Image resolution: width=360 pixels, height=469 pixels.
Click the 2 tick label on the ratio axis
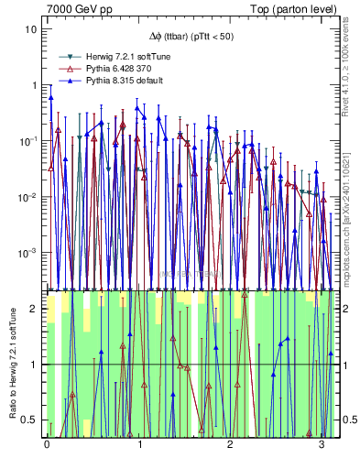pos(34,309)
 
